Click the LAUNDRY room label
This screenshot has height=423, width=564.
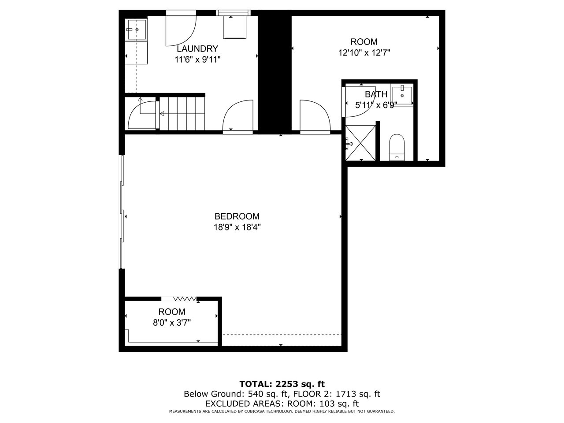click(197, 48)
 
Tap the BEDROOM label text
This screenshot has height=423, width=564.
click(237, 216)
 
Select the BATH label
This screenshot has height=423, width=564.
click(376, 94)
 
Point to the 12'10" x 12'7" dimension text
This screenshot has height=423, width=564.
click(364, 53)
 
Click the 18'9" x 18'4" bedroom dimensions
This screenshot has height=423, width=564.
click(237, 227)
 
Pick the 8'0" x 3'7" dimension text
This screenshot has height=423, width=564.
click(172, 323)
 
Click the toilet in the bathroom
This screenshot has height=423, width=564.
click(397, 147)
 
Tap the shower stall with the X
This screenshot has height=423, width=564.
click(360, 143)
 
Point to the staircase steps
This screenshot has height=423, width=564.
click(182, 113)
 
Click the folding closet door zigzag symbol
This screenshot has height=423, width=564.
click(185, 299)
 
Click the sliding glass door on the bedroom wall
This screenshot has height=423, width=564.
click(122, 212)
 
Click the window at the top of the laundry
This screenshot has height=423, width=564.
click(233, 13)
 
